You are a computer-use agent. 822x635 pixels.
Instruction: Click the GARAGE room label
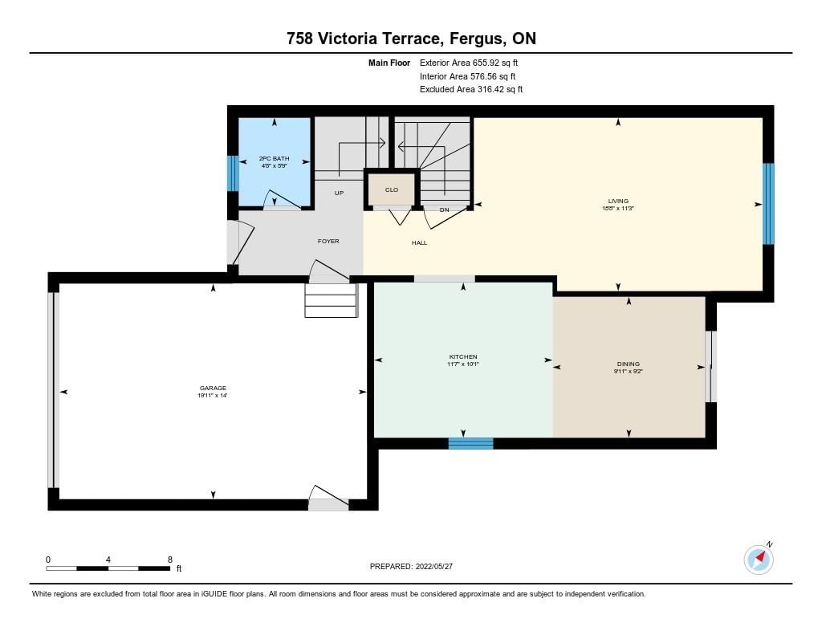click(x=213, y=388)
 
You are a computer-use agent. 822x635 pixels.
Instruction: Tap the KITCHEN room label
click(x=463, y=356)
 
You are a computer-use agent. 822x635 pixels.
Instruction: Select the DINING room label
click(x=628, y=364)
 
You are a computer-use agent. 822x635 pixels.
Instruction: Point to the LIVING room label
click(x=618, y=201)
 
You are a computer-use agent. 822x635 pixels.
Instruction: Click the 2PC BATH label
click(x=275, y=158)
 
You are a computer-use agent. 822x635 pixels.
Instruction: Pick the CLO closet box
click(x=392, y=189)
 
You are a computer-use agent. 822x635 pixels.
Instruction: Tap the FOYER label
click(x=328, y=241)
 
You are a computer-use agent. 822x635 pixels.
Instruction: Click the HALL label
click(x=419, y=242)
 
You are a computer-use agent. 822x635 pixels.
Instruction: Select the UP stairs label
click(x=340, y=193)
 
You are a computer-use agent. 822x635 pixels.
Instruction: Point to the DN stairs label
click(x=445, y=210)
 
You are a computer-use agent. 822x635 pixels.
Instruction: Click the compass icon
click(x=759, y=560)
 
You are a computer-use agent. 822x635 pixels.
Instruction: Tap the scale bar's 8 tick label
click(x=170, y=560)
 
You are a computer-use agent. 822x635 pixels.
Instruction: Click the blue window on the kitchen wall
click(x=470, y=444)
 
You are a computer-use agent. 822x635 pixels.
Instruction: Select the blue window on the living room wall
click(x=768, y=204)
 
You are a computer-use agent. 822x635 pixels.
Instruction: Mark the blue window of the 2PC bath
click(x=233, y=173)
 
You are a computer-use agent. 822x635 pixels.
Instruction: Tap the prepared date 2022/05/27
click(x=434, y=566)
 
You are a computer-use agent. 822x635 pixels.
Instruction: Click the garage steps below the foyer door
click(x=332, y=300)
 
